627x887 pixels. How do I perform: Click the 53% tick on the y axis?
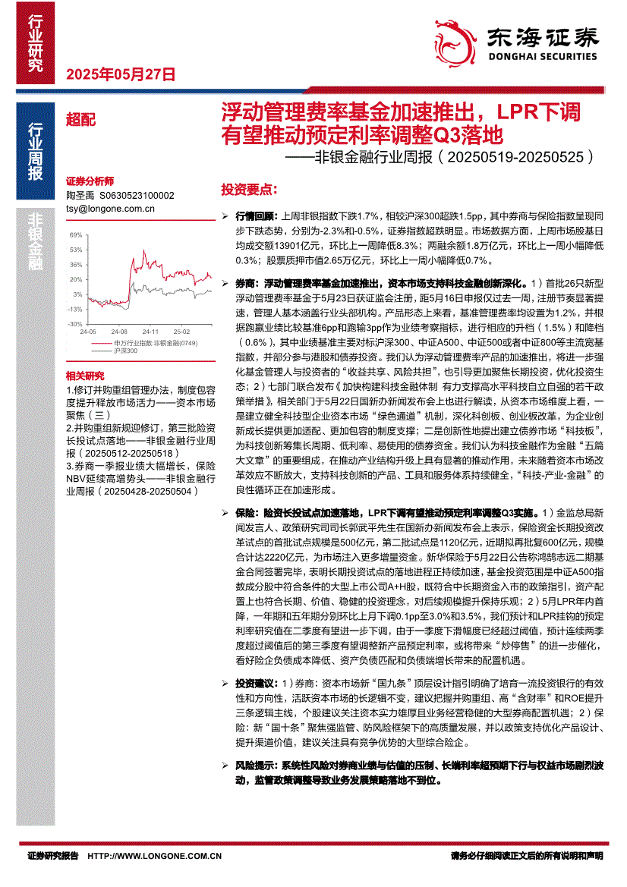click(77, 250)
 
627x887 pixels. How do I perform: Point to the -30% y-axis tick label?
click(76, 323)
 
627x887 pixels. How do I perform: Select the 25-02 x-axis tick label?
click(181, 332)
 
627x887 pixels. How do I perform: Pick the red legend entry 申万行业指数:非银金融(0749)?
click(144, 344)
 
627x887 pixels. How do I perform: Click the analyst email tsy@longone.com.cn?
click(111, 207)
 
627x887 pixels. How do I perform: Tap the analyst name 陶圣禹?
click(79, 195)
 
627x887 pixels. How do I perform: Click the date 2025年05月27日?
click(121, 75)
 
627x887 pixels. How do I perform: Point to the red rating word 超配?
click(80, 118)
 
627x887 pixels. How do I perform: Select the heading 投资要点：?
click(248, 188)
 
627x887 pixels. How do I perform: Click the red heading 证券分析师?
click(90, 181)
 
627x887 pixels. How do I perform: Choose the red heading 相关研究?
click(85, 376)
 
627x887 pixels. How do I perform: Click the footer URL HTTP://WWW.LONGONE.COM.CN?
click(155, 855)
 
